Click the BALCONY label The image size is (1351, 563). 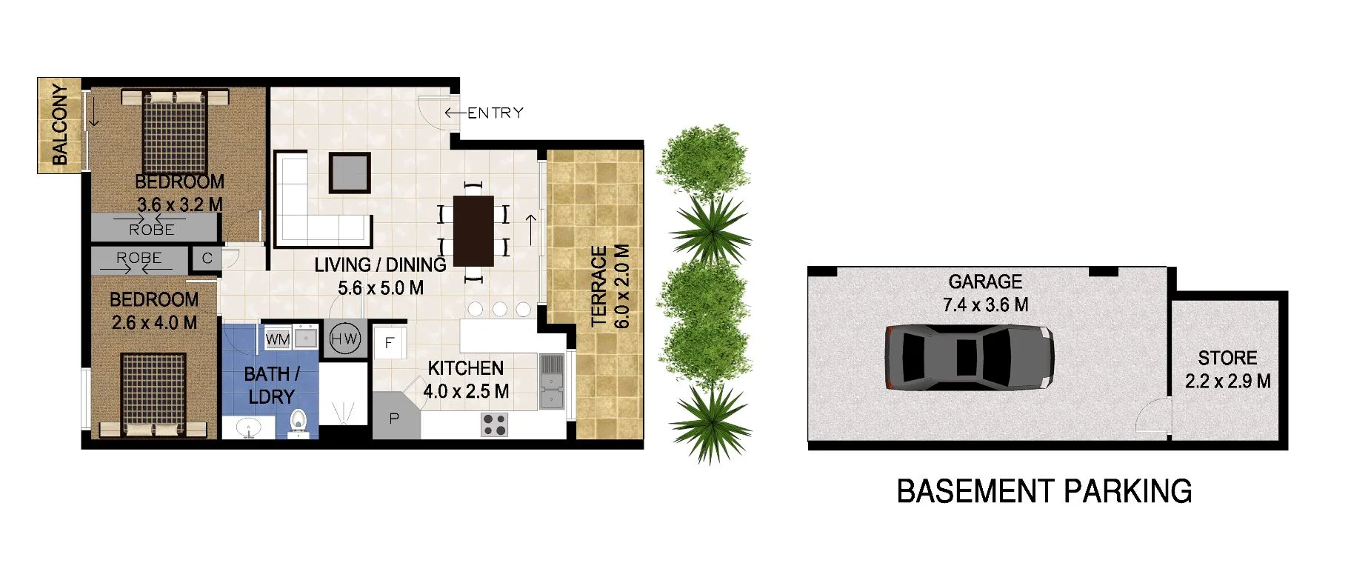(59, 124)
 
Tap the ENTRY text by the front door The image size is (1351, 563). (495, 113)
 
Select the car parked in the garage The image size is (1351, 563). (969, 358)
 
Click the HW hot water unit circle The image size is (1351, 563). (344, 339)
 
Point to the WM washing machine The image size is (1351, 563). (277, 339)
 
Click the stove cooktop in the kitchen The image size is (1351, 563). (494, 424)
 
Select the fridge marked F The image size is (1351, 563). (389, 343)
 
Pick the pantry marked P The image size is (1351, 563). (394, 419)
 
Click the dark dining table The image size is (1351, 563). (473, 230)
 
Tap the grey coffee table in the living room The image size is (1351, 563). (350, 172)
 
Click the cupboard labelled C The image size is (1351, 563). (207, 259)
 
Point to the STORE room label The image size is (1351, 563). (1227, 358)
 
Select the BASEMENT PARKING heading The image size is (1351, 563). (1044, 492)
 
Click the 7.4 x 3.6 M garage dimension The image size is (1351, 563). (985, 304)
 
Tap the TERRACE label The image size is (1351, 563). (599, 286)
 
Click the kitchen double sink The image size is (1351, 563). (551, 382)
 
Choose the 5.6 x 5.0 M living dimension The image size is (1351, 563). (381, 288)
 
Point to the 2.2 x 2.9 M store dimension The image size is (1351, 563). (1227, 382)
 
